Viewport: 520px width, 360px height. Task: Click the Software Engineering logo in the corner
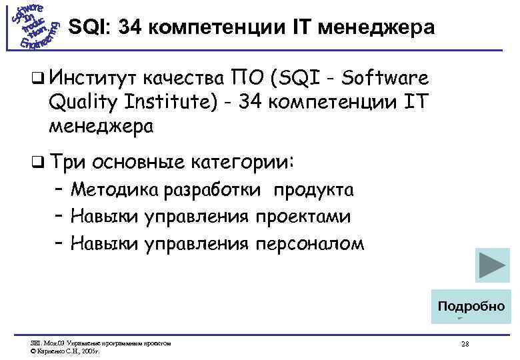pos(34,27)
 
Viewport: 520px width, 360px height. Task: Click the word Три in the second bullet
pos(69,163)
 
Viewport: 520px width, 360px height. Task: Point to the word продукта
pos(311,190)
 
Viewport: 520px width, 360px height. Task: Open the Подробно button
pos(471,307)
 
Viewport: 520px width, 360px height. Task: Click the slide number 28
pos(465,344)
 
